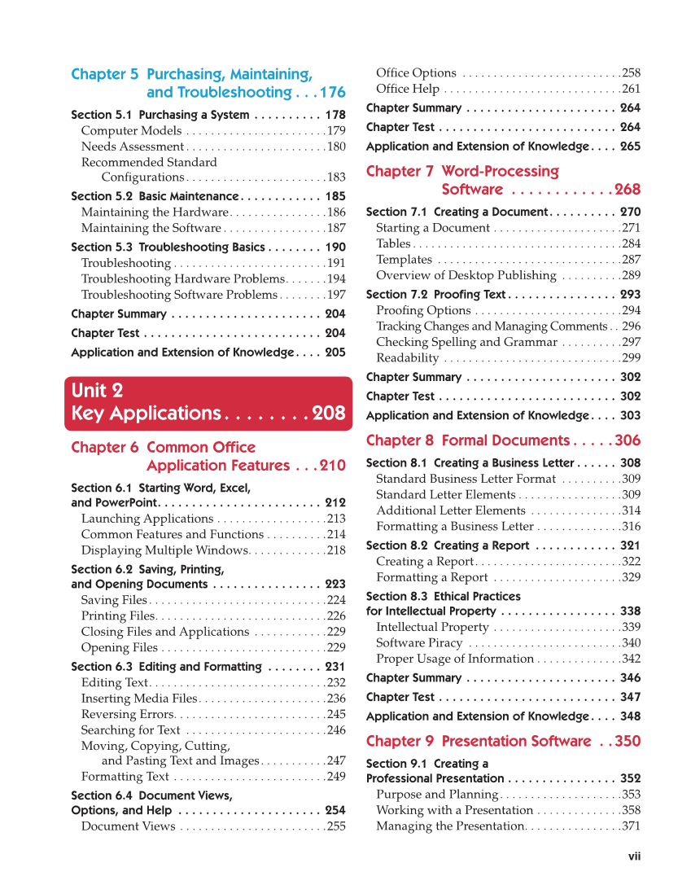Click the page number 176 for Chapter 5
331,93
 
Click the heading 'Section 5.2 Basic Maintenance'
155,196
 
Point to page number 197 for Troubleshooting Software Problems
336,295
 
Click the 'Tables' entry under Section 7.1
393,244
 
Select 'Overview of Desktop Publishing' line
466,276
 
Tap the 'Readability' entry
407,358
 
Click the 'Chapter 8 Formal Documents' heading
468,440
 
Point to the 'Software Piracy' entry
418,643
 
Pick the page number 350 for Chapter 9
628,742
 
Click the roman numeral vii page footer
634,856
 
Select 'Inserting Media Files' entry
139,699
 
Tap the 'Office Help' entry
408,90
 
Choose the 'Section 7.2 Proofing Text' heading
435,295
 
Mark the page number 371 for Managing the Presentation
631,826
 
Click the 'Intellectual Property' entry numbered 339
432,627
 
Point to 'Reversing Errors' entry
127,715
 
